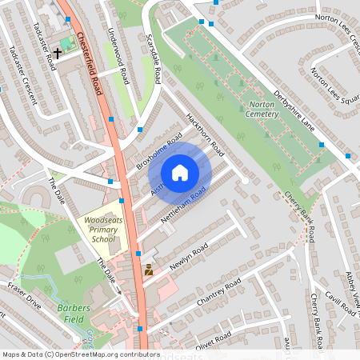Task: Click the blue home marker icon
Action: point(180,173)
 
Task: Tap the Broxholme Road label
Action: point(159,152)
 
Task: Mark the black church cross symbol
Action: point(58,52)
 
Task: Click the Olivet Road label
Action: point(213,339)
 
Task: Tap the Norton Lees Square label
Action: point(334,89)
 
